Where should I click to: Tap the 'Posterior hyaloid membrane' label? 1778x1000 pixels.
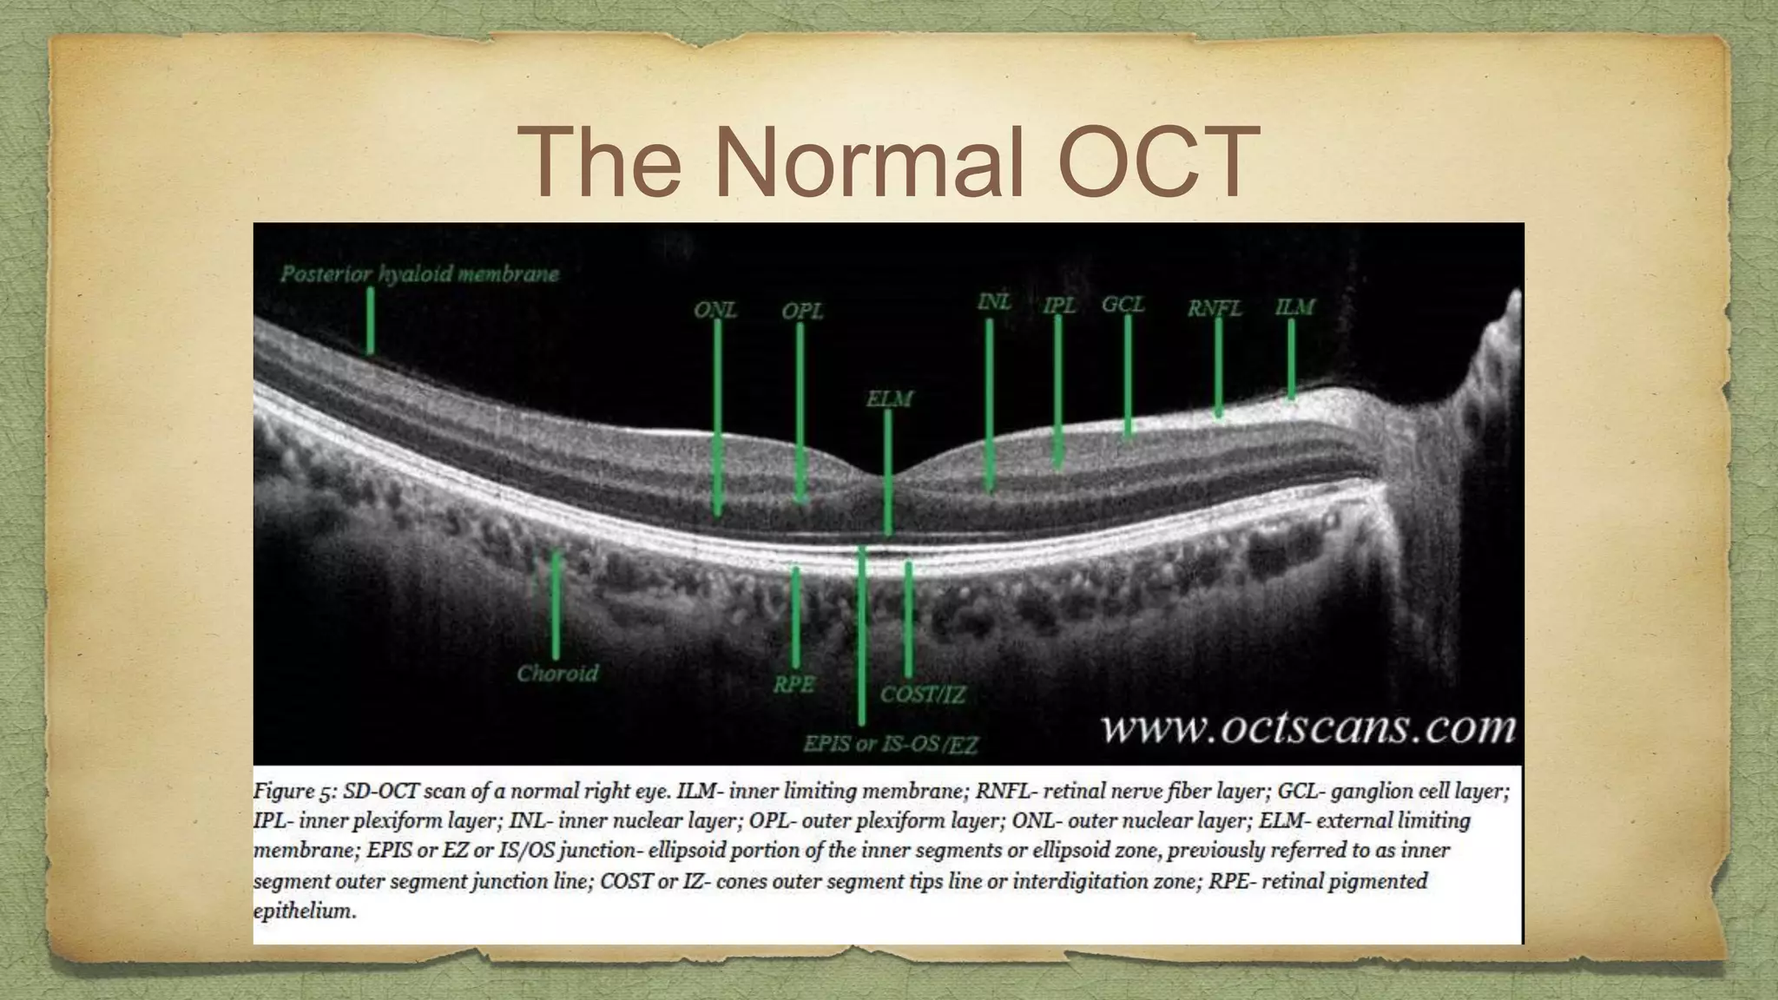(x=419, y=274)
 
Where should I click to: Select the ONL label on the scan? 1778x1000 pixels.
(x=714, y=310)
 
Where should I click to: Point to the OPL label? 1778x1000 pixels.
(x=801, y=310)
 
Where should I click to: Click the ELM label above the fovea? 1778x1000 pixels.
(x=889, y=399)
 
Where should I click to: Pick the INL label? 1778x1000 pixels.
(x=994, y=301)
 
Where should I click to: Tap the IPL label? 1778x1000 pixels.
(x=1059, y=306)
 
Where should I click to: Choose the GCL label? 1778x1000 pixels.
(x=1123, y=305)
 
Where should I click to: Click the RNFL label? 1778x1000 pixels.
(x=1215, y=308)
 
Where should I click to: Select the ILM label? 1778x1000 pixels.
(x=1294, y=306)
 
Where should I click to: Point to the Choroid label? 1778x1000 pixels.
(x=557, y=673)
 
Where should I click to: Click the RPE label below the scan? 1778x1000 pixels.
(x=794, y=684)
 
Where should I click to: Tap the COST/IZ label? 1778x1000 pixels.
(x=922, y=694)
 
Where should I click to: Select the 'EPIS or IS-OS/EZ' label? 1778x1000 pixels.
(x=890, y=744)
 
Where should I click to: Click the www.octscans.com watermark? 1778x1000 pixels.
(x=1308, y=727)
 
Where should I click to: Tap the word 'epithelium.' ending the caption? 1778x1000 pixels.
(x=305, y=911)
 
